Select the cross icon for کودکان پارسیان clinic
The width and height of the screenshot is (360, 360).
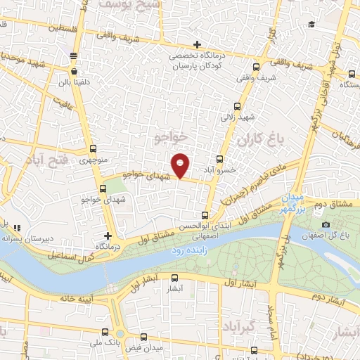tap(198, 45)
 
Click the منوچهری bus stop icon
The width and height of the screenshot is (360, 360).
tap(94, 149)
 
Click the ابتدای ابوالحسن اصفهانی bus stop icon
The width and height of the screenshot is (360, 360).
tap(205, 215)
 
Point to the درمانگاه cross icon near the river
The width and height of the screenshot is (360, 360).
tap(108, 236)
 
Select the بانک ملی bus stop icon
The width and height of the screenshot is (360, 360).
tap(105, 332)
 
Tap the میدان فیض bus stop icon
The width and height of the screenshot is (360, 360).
tap(144, 337)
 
